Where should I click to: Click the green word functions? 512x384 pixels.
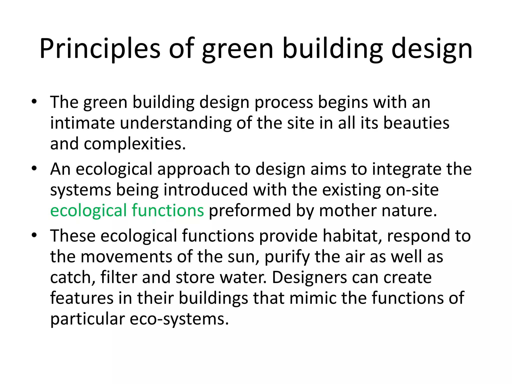tap(168, 210)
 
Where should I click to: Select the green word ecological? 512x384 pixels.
tap(88, 210)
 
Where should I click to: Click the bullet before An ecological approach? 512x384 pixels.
tap(34, 168)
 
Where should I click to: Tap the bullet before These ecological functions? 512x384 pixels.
tap(34, 235)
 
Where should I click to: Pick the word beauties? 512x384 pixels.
tap(416, 123)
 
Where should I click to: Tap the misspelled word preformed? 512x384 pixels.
tap(250, 210)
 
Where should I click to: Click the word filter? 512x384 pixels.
tap(118, 277)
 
